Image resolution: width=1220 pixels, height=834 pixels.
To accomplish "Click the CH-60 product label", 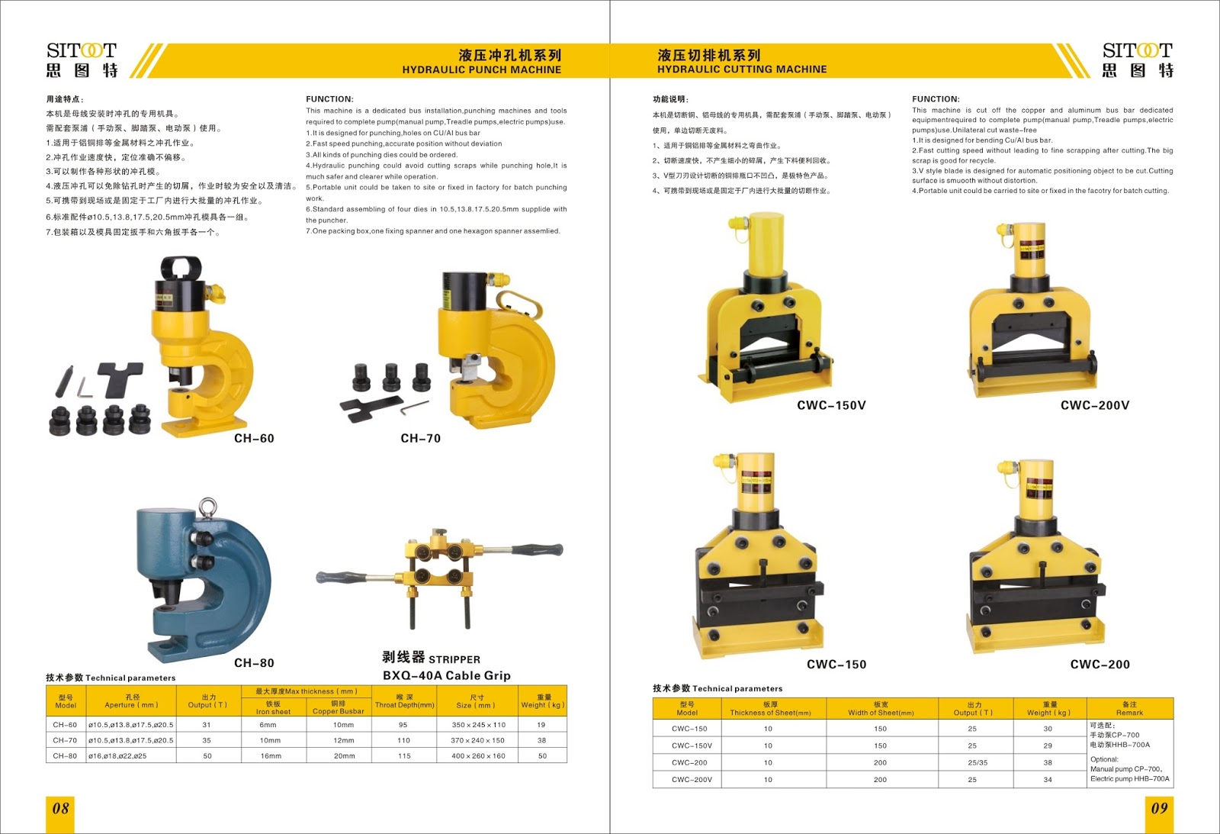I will tap(254, 438).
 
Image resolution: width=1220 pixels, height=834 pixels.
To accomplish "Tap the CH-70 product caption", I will tap(420, 438).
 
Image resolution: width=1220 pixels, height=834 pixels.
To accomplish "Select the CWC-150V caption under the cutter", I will tap(831, 405).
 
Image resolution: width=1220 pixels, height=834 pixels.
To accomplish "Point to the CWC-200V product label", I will tap(1095, 405).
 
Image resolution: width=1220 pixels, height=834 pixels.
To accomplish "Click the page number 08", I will tap(60, 808).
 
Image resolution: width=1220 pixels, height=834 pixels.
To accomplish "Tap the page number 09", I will tap(1159, 808).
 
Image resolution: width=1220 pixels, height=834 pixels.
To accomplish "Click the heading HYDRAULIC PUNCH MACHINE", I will tap(481, 69).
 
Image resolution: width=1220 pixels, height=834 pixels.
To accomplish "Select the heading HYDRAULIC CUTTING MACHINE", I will tap(742, 69).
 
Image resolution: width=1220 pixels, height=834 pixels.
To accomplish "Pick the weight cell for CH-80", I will tap(542, 756).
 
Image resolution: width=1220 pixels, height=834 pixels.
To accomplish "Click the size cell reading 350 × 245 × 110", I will tap(478, 725).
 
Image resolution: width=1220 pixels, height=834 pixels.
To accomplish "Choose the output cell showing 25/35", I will tap(978, 762).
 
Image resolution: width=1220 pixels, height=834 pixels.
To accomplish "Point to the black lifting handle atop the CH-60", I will tap(181, 266).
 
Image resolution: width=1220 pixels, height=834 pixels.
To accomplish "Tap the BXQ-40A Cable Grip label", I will tap(446, 675).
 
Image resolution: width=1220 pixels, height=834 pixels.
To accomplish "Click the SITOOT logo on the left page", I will tap(82, 60).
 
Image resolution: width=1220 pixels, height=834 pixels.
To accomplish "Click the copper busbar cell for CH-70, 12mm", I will tap(343, 740).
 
